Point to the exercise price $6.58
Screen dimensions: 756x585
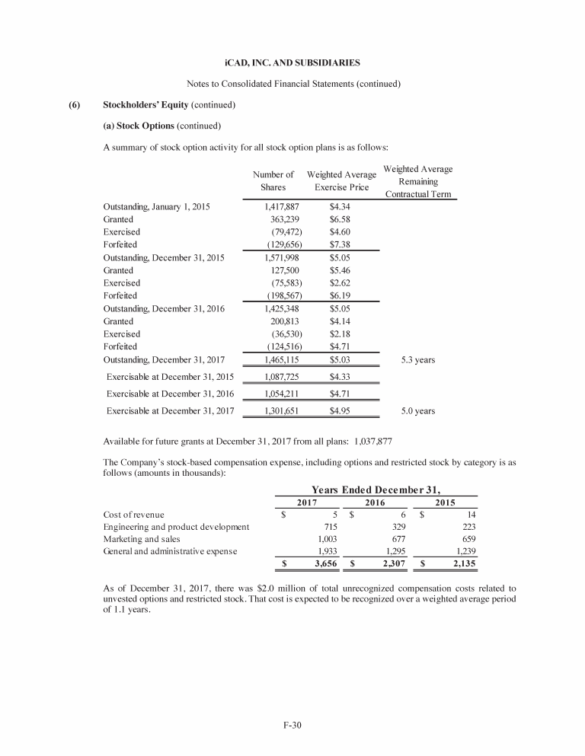(340, 219)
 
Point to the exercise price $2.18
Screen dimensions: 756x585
(340, 334)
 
